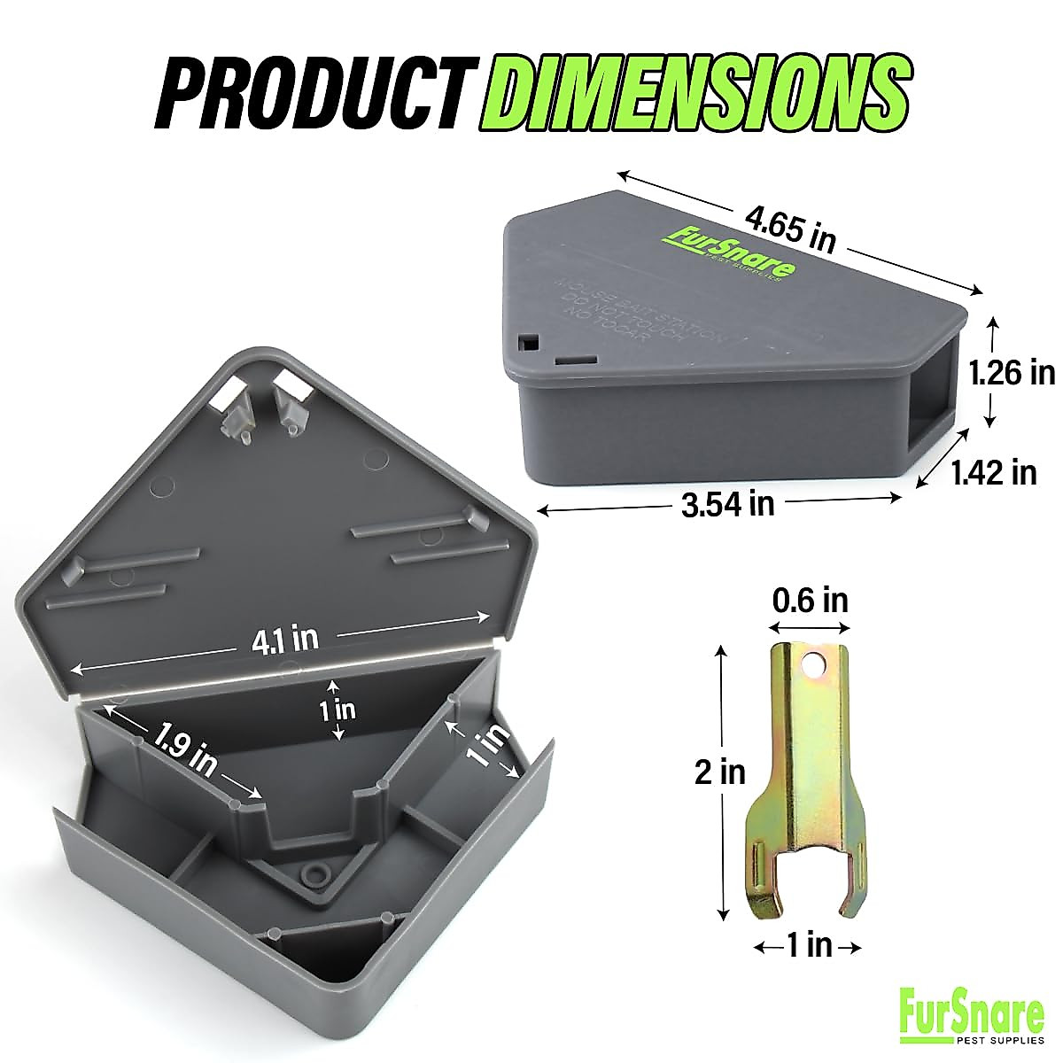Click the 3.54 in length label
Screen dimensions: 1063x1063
pyautogui.click(x=728, y=503)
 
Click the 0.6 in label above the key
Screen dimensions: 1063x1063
pyautogui.click(x=810, y=600)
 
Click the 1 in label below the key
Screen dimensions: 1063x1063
pyautogui.click(x=809, y=946)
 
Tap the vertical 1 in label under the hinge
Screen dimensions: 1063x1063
pyautogui.click(x=336, y=709)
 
